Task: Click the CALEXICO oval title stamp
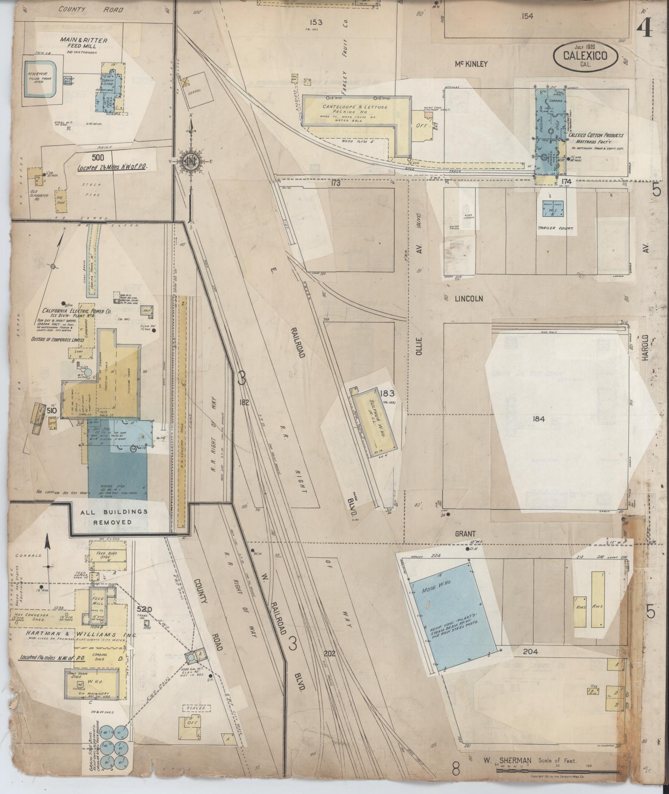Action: pos(585,57)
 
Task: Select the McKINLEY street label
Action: pos(471,64)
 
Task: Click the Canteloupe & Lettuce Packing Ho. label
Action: pos(355,110)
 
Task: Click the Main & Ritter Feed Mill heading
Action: pos(84,43)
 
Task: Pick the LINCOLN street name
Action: pos(469,298)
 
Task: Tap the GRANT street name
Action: pos(464,534)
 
